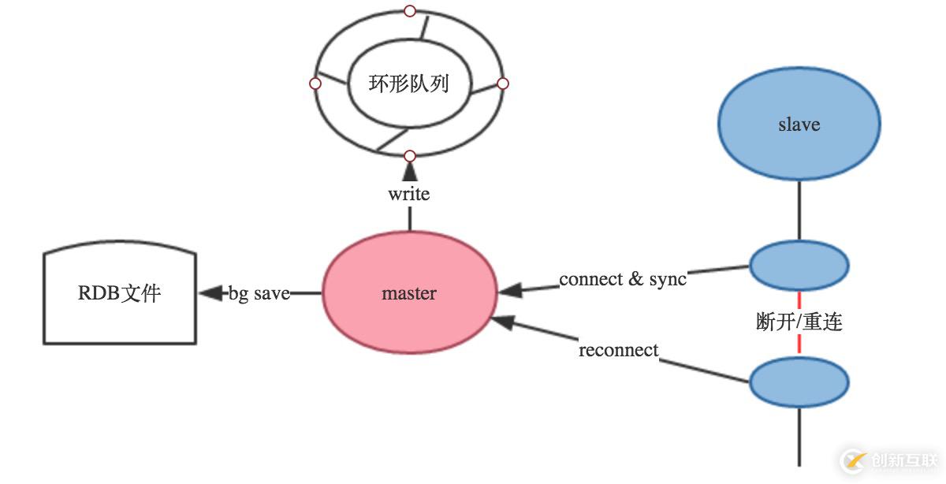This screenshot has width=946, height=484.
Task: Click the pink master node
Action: (x=409, y=293)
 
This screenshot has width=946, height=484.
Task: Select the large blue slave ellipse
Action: (x=799, y=125)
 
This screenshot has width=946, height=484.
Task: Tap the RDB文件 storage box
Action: (x=119, y=295)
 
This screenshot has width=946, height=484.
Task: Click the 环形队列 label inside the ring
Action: (x=408, y=84)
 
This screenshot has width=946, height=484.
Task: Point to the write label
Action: (x=408, y=193)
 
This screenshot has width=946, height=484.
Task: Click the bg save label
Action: (x=259, y=293)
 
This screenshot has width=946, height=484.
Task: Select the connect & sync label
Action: (x=623, y=279)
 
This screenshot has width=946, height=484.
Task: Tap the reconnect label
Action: (x=618, y=350)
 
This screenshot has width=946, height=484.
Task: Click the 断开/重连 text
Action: (x=799, y=322)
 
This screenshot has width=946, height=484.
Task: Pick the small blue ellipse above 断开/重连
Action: (x=799, y=266)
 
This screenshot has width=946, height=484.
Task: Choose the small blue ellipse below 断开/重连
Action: (x=799, y=382)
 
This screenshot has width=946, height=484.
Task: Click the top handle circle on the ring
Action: (x=409, y=11)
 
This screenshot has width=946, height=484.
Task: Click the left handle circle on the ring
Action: (x=315, y=84)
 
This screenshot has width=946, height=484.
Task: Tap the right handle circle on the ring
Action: (x=503, y=84)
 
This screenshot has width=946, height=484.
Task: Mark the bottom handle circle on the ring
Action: (x=409, y=155)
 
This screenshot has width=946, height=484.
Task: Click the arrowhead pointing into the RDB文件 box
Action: (x=210, y=293)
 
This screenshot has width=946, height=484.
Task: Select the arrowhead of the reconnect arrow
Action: (x=503, y=322)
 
